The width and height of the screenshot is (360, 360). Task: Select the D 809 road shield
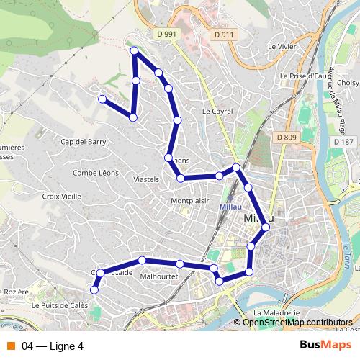285,136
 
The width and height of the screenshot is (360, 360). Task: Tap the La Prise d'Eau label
305,76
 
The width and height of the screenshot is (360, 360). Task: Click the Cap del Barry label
84,142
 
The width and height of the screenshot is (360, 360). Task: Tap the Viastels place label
147,178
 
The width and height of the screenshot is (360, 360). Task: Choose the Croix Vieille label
61,195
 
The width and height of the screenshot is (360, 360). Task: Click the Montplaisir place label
189,201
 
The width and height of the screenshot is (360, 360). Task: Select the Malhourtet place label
159,276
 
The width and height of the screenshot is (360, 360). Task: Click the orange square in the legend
10,346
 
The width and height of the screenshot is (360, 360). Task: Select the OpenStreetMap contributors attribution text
297,323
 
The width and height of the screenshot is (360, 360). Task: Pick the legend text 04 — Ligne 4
53,346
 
